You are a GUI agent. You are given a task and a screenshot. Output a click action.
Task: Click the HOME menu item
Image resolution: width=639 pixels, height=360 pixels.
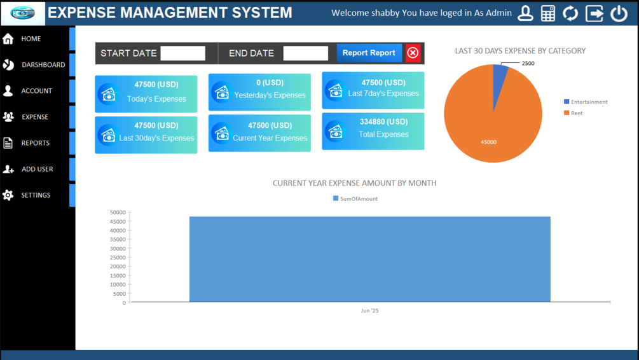tap(31, 39)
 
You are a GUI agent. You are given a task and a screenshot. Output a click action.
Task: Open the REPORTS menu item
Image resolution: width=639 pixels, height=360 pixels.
tap(35, 143)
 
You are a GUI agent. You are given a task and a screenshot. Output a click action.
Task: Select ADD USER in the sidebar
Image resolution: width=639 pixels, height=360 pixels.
tap(37, 169)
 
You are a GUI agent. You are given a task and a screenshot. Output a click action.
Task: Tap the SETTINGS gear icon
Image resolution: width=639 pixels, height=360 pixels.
tap(8, 195)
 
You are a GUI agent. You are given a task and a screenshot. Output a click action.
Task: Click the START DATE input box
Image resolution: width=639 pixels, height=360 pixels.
tap(182, 53)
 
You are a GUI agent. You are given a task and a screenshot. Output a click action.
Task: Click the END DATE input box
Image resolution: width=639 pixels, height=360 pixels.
tap(305, 53)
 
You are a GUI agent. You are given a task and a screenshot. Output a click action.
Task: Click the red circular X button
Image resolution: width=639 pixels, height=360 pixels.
tap(413, 53)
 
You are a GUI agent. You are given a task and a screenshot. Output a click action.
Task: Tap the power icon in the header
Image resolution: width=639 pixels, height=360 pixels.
tap(619, 13)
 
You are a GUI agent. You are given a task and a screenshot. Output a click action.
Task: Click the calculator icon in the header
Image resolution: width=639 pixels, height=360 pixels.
tap(547, 13)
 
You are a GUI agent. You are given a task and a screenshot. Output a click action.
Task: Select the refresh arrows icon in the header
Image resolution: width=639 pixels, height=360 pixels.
tap(570, 13)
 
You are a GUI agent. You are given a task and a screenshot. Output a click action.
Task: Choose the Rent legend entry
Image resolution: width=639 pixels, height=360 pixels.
tap(573, 113)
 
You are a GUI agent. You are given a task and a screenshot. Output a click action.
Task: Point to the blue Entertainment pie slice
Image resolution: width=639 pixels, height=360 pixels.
tap(500, 76)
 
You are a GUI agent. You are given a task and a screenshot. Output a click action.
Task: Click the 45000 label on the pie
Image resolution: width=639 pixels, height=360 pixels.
tap(488, 142)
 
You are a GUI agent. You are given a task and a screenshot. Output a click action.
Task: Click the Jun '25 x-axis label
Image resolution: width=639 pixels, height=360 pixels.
tap(369, 311)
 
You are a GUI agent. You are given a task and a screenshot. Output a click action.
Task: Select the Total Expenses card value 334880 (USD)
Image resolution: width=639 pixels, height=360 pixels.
tap(383, 121)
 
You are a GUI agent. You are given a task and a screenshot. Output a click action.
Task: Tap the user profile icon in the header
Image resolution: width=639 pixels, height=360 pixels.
tap(525, 13)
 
